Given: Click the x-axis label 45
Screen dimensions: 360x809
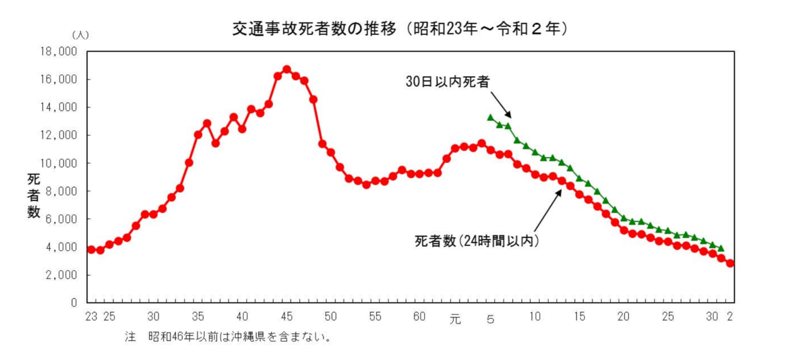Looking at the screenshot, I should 287,316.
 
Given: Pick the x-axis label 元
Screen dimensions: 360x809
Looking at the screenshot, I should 455,317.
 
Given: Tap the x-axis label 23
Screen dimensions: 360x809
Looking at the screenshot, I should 91,316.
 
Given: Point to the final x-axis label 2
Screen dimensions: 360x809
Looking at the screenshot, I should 730,316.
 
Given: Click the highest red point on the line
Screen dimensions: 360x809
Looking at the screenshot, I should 287,69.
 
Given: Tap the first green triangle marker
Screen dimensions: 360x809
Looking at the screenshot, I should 491,117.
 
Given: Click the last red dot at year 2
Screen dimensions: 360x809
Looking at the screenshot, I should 730,263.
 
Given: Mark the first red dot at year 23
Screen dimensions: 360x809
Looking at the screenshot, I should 91,249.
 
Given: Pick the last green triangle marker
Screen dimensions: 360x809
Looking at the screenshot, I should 721,248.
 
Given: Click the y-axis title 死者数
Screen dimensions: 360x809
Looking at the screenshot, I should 33,196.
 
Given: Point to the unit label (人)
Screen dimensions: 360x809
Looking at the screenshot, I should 80,34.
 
